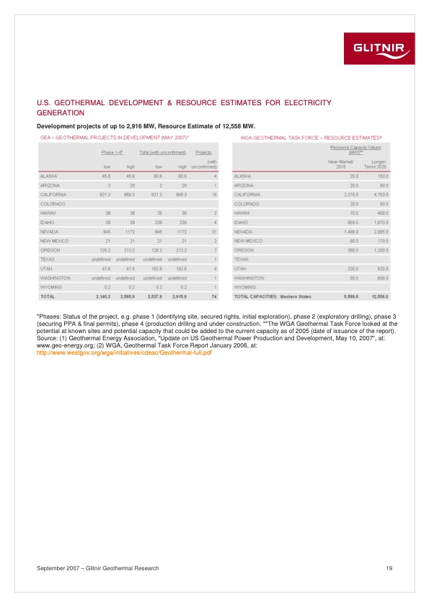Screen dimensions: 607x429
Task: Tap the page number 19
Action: pos(389,569)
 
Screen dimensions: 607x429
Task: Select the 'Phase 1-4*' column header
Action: pos(112,152)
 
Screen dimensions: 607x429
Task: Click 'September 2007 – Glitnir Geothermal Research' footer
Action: pos(97,569)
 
